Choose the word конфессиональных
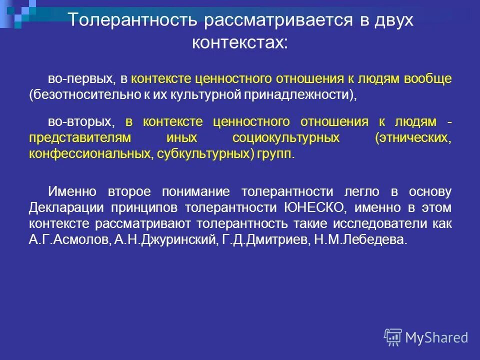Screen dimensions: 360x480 tap(88, 154)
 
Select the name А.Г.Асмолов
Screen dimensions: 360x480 tap(69, 239)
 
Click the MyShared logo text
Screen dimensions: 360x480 tap(436, 337)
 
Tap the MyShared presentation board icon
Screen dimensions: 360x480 tap(393, 337)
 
